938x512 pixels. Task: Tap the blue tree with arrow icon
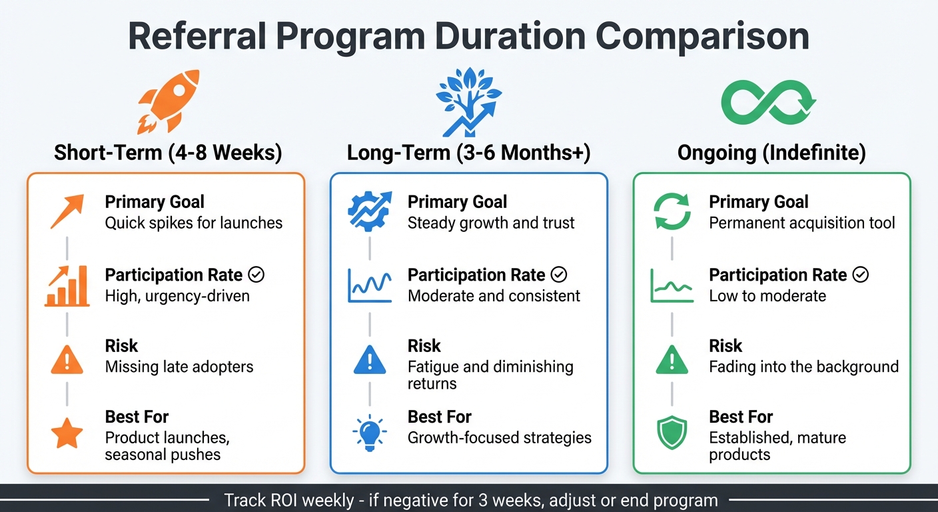click(x=468, y=101)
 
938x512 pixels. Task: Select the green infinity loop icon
click(x=769, y=101)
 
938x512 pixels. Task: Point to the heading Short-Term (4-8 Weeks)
click(x=168, y=153)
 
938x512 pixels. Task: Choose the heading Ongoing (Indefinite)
click(x=771, y=153)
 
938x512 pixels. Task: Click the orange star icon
click(x=67, y=433)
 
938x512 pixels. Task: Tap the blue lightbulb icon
click(x=368, y=433)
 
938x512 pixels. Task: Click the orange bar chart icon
click(x=67, y=287)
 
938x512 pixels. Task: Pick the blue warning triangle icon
click(x=368, y=361)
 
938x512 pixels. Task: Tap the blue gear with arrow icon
click(x=368, y=212)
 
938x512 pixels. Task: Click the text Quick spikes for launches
click(x=194, y=223)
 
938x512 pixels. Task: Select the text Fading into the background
click(x=803, y=367)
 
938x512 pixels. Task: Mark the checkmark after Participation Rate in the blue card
click(x=560, y=275)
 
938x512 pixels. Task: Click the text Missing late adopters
click(x=179, y=367)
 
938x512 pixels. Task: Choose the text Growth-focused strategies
click(x=500, y=438)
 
